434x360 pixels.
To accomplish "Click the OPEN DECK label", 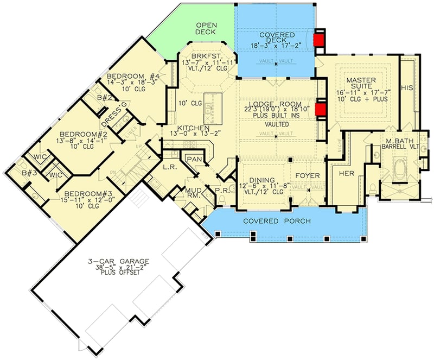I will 206,29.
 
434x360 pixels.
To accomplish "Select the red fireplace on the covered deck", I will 319,40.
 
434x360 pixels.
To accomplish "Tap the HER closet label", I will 346,174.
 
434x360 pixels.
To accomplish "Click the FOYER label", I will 308,175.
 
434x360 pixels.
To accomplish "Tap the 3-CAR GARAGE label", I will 120,262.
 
